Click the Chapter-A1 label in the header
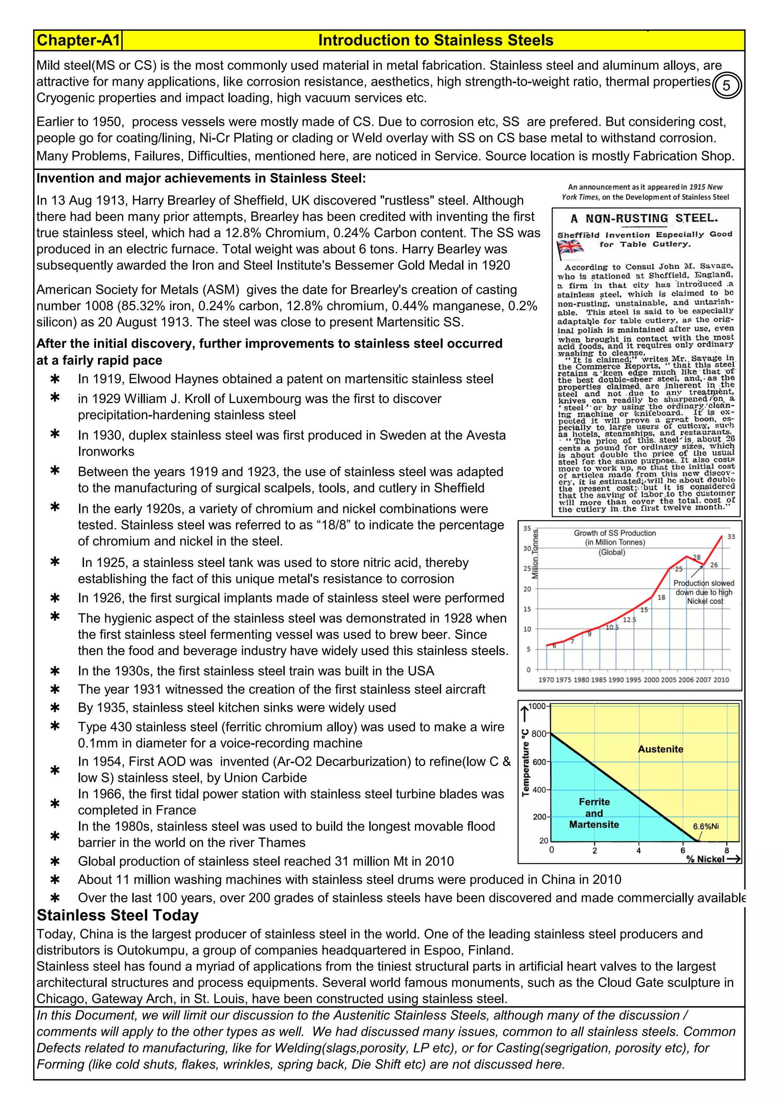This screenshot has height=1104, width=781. (78, 40)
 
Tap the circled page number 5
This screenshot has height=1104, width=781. (726, 86)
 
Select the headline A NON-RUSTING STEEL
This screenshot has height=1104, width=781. (644, 219)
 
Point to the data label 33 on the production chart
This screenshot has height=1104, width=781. (731, 537)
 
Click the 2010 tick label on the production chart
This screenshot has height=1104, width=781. (722, 680)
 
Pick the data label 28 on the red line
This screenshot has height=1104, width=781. (696, 557)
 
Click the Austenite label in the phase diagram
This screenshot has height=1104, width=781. (660, 749)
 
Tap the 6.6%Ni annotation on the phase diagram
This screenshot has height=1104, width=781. (705, 826)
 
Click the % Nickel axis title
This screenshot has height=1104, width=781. (705, 859)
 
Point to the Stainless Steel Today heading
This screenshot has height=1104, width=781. (118, 915)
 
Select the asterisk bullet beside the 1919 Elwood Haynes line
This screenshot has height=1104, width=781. (55, 379)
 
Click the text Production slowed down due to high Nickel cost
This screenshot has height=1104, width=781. (704, 592)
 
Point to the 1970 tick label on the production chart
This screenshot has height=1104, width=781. (546, 680)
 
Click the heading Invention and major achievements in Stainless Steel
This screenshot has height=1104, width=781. (201, 178)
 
